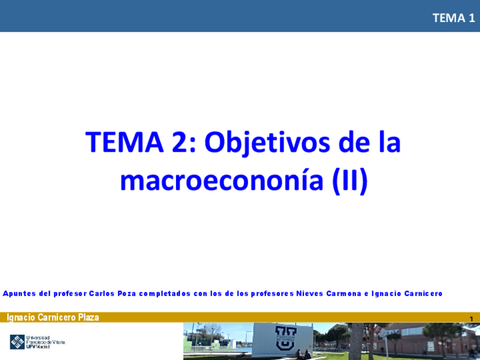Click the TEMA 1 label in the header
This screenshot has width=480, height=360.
coord(453,18)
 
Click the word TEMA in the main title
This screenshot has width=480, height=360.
coord(125,142)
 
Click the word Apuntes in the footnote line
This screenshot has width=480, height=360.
coord(20,293)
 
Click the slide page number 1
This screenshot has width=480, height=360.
coord(471,319)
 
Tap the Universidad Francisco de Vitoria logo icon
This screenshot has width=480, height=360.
coord(18,342)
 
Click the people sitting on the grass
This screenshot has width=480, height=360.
coord(302,354)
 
